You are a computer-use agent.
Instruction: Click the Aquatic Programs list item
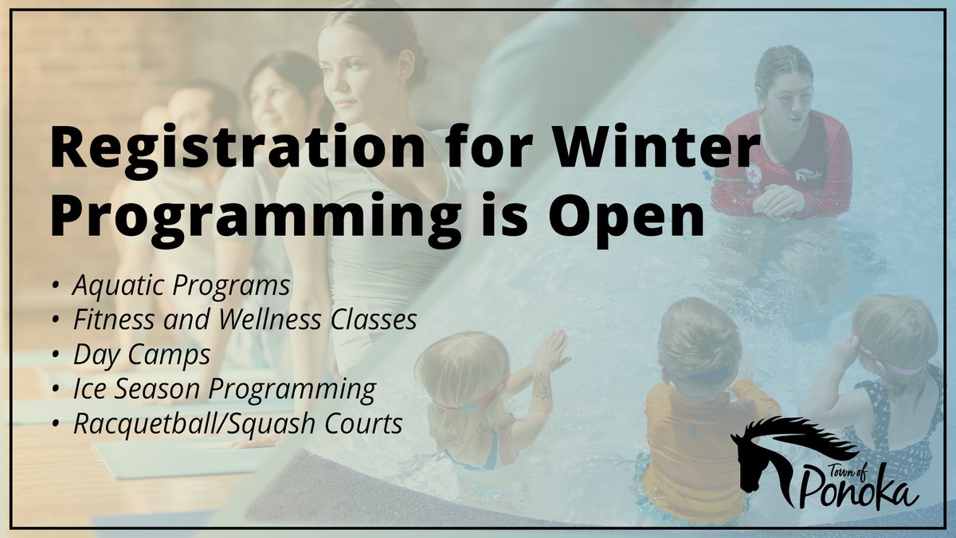pyautogui.click(x=181, y=285)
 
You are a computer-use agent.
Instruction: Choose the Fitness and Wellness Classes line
pyautogui.click(x=245, y=320)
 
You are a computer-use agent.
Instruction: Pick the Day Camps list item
pyautogui.click(x=142, y=355)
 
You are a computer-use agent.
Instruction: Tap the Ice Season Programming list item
pyautogui.click(x=224, y=390)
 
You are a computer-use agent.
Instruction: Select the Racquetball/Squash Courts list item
pyautogui.click(x=237, y=425)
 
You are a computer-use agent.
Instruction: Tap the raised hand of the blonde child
pyautogui.click(x=550, y=351)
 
